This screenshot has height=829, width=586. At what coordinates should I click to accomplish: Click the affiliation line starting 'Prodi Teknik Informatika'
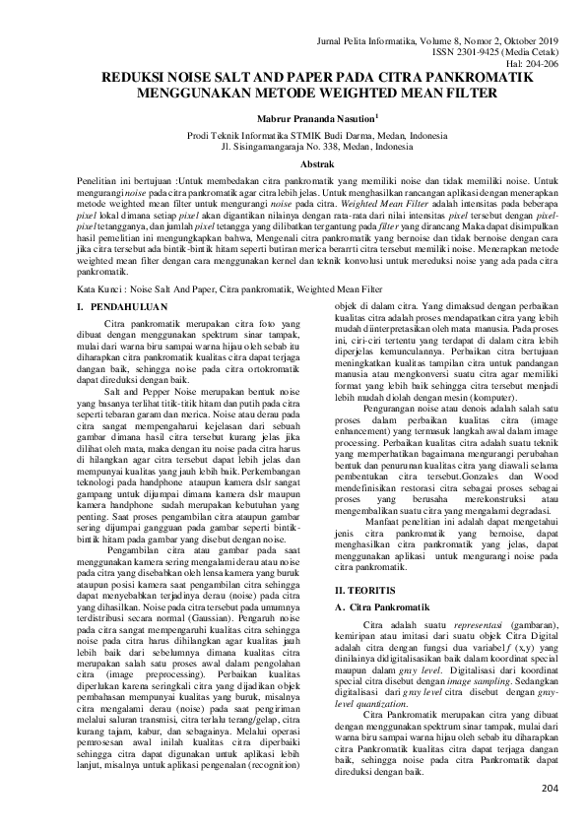[293, 137]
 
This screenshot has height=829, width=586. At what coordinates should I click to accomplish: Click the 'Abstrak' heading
[293, 164]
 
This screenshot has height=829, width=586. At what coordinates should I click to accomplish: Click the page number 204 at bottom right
[550, 789]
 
